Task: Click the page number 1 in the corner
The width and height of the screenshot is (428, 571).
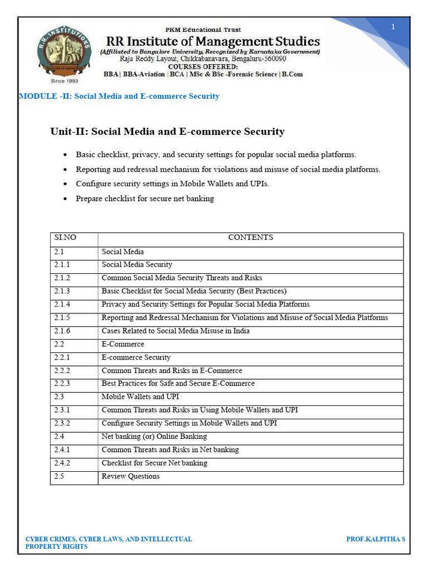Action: pos(393,27)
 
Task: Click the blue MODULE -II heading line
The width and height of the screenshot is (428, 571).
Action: pos(119,96)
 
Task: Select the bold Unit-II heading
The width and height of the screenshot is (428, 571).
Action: pos(167,132)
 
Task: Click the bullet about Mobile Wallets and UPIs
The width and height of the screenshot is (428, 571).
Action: pos(172,183)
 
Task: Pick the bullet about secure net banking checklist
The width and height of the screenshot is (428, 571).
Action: pos(144,199)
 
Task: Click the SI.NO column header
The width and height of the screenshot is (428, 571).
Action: pos(65,238)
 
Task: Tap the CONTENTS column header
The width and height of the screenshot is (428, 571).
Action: pos(250,238)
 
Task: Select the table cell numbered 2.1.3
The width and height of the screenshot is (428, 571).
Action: pos(62,291)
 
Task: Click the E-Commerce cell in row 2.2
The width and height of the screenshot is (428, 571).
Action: pos(123,344)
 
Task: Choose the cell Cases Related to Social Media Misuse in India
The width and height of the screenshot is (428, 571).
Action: pos(176,331)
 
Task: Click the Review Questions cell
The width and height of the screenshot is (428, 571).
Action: pos(130,476)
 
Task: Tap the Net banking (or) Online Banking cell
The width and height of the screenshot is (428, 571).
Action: pos(154,437)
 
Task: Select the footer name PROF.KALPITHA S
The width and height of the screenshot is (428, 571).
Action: pos(376,539)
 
